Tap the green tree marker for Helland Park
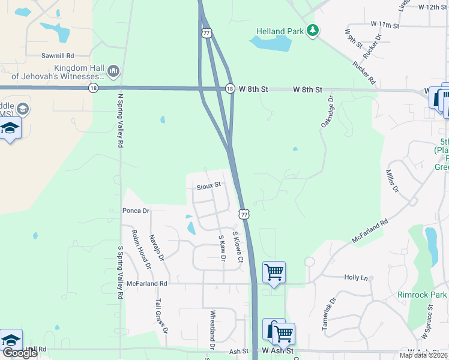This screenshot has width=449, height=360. [x=312, y=30]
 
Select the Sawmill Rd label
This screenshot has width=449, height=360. [x=58, y=55]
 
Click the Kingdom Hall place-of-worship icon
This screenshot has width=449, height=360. [x=114, y=72]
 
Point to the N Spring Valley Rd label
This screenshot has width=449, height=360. [x=120, y=120]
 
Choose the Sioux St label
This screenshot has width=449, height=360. [x=209, y=186]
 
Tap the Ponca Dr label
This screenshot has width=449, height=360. [x=136, y=211]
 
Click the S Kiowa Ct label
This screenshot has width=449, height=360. [x=237, y=247]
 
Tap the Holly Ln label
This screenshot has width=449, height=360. [x=356, y=277]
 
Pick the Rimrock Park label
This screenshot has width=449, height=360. [x=422, y=295]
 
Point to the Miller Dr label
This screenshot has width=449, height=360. [x=392, y=180]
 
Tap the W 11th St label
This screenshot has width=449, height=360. [x=385, y=25]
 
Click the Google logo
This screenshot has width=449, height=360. [x=20, y=353]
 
